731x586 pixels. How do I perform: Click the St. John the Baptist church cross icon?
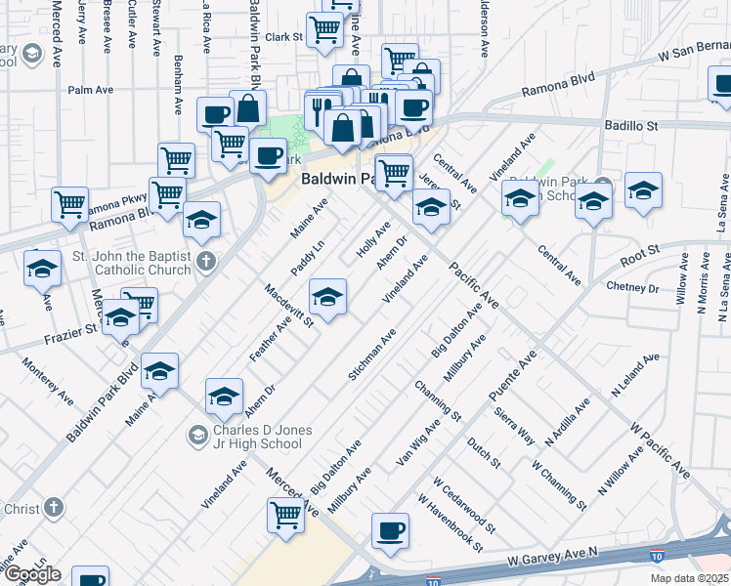click(x=204, y=261)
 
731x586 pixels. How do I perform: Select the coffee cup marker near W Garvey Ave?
click(x=390, y=532)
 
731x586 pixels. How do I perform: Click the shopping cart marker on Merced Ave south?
click(x=285, y=514)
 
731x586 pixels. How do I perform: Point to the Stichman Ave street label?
click(x=372, y=355)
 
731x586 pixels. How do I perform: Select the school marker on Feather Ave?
click(x=327, y=297)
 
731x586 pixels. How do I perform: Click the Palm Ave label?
click(x=86, y=90)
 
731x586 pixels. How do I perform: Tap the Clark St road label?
click(x=283, y=37)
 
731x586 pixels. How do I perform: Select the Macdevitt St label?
click(x=287, y=304)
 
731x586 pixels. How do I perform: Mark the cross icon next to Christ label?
click(x=53, y=508)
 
